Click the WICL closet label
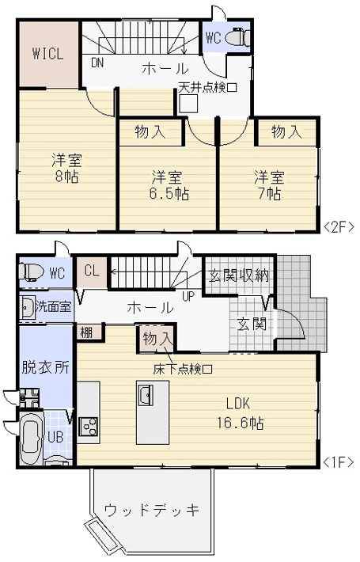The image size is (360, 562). pos(47,54)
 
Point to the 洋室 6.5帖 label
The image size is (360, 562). pos(169,184)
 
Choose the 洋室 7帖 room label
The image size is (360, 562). pos(269,184)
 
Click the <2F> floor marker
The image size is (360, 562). pos(339,226)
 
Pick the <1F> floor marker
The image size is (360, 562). pos(339,460)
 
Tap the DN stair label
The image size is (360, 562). pos(97,63)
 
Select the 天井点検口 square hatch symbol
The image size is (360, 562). pos(187,104)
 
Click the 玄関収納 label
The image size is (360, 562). pos(239,276)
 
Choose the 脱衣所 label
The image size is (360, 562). pos(45,367)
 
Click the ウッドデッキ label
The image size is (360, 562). pos(151,507)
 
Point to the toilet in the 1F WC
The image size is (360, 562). pos(32,272)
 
